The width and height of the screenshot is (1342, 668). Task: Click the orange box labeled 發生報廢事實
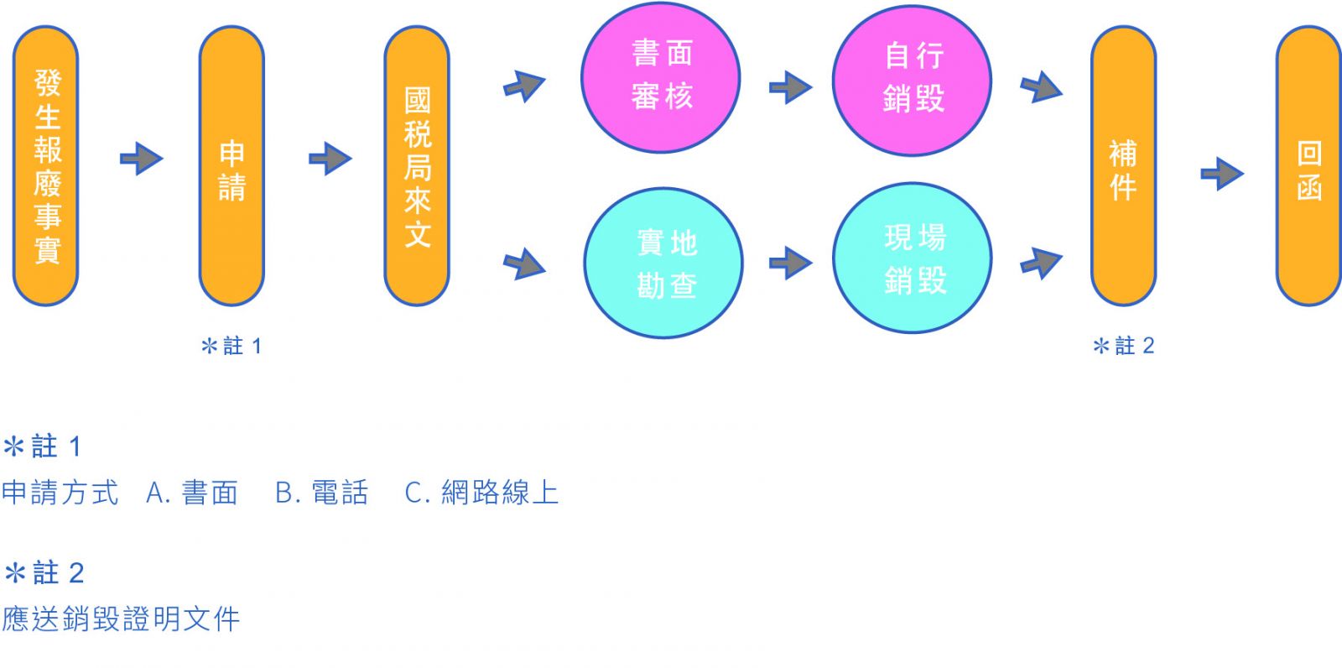46,165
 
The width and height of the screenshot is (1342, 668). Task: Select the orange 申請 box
231,165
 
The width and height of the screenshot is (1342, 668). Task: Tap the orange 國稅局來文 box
417,165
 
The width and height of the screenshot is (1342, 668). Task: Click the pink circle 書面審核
661,78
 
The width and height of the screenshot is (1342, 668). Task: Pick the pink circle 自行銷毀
913,80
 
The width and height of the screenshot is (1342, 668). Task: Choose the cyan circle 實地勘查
663,263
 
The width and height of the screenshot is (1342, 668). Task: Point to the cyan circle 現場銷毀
913,258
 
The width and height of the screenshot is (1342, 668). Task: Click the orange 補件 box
1123,165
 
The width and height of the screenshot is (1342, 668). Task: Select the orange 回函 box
1308,165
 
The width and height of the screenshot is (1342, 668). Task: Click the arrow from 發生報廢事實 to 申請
141,158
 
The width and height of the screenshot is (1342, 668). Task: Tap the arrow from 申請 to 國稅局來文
330,158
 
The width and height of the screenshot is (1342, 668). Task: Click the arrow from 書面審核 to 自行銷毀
790,86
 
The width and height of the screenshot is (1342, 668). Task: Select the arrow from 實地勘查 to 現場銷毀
790,263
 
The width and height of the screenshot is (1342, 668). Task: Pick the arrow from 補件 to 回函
1222,174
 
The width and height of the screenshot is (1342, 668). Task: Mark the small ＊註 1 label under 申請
232,346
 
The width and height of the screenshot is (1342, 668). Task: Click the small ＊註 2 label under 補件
1124,346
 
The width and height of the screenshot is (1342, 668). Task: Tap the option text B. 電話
322,493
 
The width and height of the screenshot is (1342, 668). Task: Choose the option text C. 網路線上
481,493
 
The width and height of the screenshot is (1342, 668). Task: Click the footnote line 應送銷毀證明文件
122,619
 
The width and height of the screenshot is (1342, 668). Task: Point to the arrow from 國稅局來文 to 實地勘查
525,264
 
